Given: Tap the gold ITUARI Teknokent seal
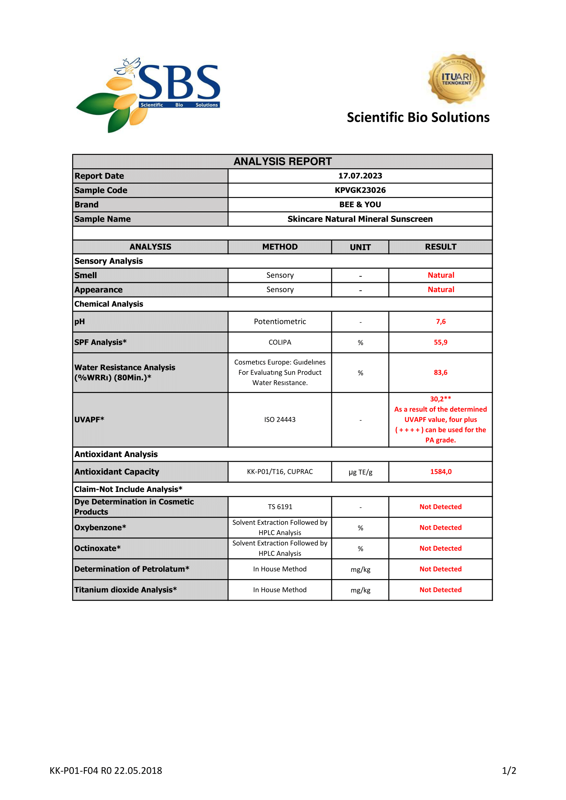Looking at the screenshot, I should coord(456,79).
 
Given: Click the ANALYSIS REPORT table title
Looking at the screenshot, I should coord(282,162).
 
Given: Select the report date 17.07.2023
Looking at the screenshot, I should coord(360,176).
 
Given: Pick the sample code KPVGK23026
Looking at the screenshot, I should coord(360,190).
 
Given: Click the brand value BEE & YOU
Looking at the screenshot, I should coord(360,205).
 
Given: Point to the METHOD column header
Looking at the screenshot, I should coord(280,247).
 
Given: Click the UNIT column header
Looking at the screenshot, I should coord(360,247).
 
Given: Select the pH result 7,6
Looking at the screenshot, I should coord(440,322).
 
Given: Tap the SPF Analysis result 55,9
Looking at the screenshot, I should coord(440,342).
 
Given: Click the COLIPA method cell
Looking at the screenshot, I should coord(280,342).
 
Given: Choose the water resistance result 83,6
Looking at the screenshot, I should coord(440,372).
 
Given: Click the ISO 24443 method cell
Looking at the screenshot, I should coord(280,420).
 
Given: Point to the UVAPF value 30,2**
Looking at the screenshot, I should coord(440,399).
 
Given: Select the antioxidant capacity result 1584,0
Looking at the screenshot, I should coord(440,472).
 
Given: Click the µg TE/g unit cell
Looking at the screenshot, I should coord(360,472).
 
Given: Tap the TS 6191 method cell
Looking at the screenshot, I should coord(280,507).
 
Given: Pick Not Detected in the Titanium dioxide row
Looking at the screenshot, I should coord(440,590).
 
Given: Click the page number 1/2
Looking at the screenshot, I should coord(509,771).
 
